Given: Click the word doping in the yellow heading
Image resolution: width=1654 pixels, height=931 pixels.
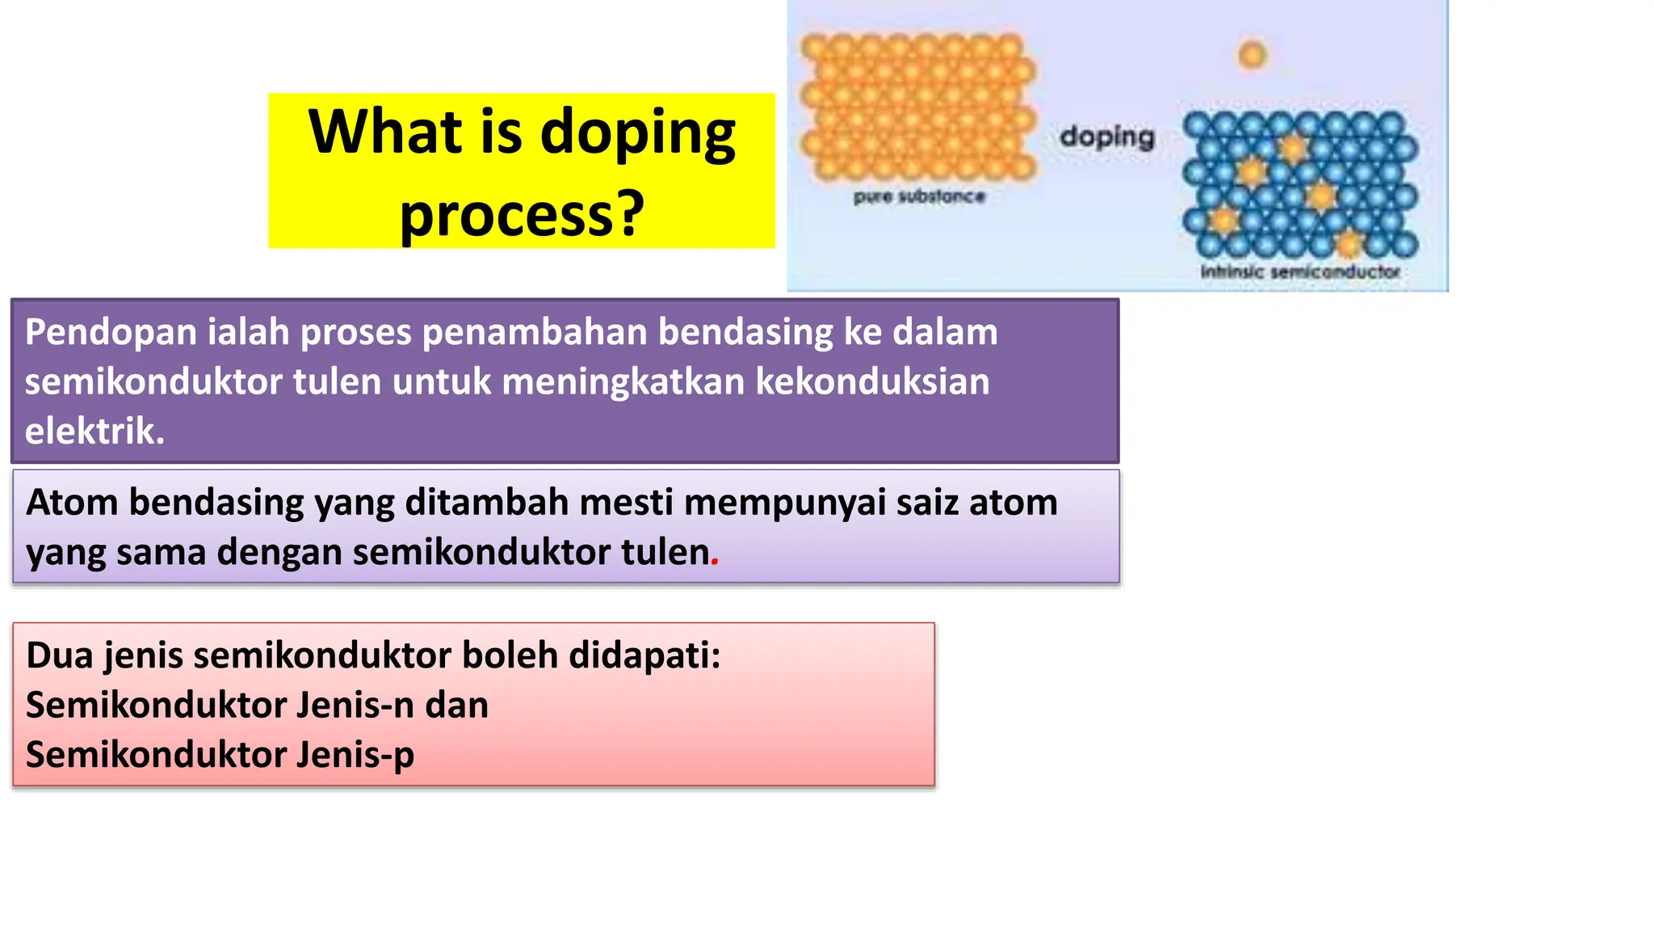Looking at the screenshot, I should (637, 133).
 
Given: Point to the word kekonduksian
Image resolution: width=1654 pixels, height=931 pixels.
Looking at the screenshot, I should (872, 381).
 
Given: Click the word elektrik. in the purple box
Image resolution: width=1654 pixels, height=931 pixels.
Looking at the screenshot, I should (94, 431).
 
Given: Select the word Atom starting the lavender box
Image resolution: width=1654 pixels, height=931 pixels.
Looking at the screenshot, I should (72, 503).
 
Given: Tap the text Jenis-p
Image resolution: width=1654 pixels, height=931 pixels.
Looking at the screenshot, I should (355, 755).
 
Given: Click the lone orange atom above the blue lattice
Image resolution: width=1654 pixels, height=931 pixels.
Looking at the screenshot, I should (1252, 55).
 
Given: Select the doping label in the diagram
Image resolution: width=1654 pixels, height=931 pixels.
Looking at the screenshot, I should (1107, 137).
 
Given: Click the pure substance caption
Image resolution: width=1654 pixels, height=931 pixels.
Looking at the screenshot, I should (919, 196).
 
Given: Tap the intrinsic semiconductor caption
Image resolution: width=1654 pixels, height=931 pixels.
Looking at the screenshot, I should (1299, 272).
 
